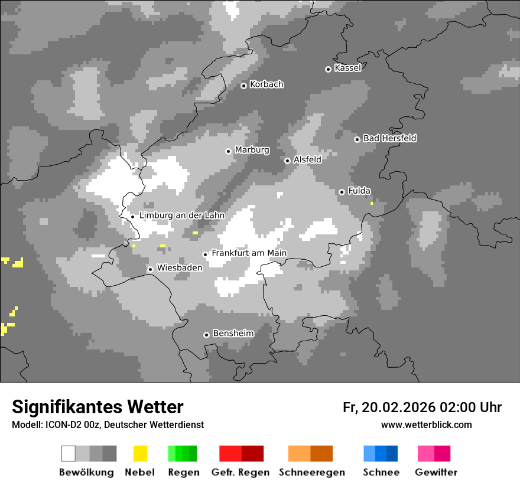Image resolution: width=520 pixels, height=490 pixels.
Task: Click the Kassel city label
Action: tap(347, 68)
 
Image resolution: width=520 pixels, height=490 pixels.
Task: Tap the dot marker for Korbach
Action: tap(243, 86)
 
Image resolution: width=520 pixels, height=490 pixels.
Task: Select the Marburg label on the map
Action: tap(252, 150)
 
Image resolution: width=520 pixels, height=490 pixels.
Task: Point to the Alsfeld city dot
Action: tap(287, 161)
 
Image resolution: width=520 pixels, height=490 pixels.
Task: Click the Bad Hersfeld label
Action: tap(389, 138)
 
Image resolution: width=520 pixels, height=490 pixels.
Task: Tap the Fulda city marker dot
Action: tap(342, 192)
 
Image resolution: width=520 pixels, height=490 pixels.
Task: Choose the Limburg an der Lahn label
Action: tap(181, 215)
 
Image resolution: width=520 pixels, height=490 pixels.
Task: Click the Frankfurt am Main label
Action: tap(249, 253)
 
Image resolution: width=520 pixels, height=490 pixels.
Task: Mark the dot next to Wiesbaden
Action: tap(151, 269)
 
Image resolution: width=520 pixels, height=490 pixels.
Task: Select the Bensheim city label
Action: tap(233, 334)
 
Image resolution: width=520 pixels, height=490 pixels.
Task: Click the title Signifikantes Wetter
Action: tap(97, 407)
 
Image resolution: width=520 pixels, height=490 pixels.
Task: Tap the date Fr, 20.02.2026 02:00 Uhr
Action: tap(422, 407)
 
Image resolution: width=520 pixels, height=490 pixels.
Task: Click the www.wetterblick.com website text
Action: tap(426, 424)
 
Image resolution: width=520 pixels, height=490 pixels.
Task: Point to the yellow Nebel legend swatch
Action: tap(140, 453)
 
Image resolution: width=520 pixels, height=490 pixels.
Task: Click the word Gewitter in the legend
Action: tap(436, 472)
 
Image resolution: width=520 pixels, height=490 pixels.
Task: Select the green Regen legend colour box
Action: tap(183, 453)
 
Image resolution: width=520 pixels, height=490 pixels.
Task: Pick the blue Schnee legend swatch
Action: tap(381, 453)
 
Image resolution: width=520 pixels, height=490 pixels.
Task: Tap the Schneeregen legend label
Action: tap(311, 472)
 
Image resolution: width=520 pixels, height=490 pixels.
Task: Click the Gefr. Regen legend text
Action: tap(240, 472)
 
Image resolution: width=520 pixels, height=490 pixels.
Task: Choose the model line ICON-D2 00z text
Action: tap(108, 424)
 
